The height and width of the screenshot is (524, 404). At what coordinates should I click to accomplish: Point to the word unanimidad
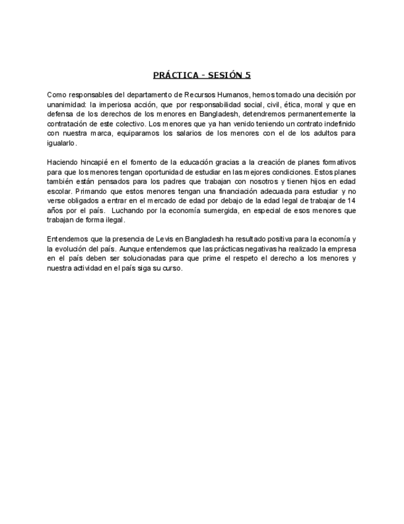[65, 104]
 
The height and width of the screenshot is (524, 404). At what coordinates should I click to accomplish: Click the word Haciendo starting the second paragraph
[63, 162]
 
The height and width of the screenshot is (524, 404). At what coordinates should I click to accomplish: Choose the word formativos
[335, 162]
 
